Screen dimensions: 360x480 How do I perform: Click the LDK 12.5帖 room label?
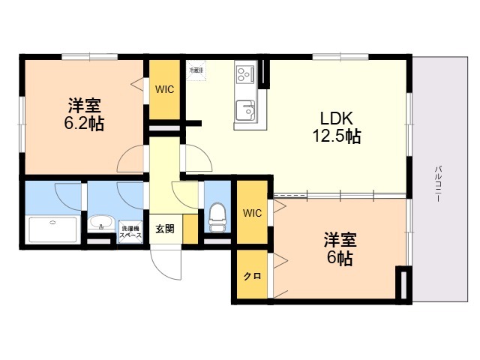336,127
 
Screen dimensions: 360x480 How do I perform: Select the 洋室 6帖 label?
339,249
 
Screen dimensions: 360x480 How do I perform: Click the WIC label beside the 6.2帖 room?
165,89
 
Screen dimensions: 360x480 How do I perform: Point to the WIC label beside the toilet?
252,213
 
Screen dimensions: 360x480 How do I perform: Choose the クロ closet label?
251,276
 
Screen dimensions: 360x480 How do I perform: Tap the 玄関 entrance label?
165,229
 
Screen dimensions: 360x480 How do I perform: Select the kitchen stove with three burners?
245,74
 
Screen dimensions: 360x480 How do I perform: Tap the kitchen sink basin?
245,111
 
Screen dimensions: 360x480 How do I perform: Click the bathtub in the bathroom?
52,229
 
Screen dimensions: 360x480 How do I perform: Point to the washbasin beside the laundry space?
100,225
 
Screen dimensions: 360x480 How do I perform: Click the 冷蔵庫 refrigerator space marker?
196,70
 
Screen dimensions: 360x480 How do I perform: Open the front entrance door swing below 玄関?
166,262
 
